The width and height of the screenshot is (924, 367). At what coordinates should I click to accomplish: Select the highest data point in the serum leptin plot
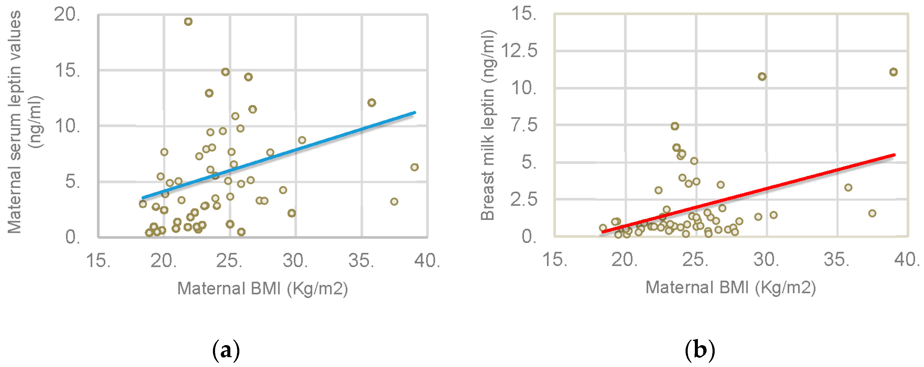click(188, 22)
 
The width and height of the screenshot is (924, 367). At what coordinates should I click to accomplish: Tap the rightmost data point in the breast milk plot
click(893, 72)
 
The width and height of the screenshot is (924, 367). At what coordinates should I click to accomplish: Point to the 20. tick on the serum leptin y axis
click(67, 15)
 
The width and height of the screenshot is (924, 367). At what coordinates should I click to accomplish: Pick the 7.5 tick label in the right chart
click(524, 125)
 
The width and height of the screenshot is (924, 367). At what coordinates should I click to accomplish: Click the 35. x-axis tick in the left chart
click(361, 261)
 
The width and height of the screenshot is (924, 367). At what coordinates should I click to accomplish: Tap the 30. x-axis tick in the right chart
click(766, 260)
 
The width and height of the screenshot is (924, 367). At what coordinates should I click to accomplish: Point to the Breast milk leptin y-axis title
click(488, 125)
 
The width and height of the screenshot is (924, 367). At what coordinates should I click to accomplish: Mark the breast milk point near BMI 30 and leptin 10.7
click(762, 77)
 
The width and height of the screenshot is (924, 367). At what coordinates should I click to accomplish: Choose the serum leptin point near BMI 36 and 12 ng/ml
click(372, 103)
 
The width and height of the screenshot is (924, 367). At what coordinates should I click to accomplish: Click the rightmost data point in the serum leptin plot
click(414, 167)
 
